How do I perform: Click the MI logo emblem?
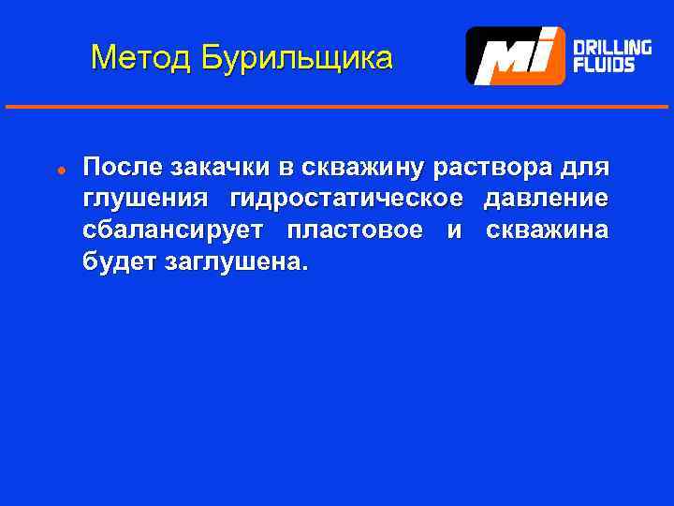[517, 55]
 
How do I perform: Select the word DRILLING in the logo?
[611, 47]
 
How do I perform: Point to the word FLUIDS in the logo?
[604, 65]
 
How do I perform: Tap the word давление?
[546, 200]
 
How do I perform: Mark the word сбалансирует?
[173, 231]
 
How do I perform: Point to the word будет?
[119, 261]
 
